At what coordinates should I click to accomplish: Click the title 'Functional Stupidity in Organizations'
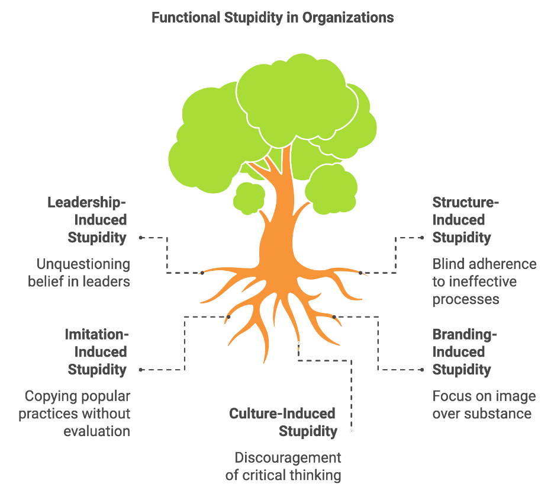pos(272,17)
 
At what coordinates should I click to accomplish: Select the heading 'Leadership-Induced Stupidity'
pos(87,220)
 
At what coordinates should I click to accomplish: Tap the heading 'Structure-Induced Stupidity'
pos(466,220)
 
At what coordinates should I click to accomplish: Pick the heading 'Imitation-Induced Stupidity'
pos(96,352)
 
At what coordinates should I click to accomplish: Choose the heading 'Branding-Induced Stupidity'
pos(465,352)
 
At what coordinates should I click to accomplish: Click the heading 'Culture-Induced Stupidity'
pos(283,422)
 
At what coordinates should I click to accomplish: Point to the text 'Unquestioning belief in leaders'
pos(79,273)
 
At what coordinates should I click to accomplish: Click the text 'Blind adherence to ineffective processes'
pos(484,281)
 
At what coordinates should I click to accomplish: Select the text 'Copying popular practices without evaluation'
pos(75,414)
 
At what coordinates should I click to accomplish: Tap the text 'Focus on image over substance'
pos(484,405)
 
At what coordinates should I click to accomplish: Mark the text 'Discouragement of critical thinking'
pos(284,466)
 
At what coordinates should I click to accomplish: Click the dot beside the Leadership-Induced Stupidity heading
pos(141,238)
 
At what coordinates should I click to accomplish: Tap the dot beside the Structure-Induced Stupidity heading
pos(422,238)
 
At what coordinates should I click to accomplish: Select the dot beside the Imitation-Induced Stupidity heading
pos(141,370)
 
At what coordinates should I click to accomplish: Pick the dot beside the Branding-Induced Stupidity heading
pos(422,370)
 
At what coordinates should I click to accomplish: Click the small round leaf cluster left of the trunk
pos(249,198)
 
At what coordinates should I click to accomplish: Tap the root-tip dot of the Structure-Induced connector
pos(360,273)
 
